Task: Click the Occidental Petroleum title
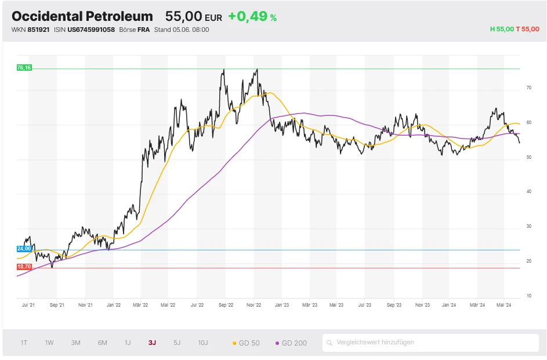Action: pyautogui.click(x=82, y=16)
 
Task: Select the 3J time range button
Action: pyautogui.click(x=152, y=343)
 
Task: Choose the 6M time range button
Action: pyautogui.click(x=103, y=343)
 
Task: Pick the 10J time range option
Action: pyautogui.click(x=203, y=343)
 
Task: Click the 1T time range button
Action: pyautogui.click(x=24, y=343)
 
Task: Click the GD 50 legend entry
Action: pyautogui.click(x=246, y=343)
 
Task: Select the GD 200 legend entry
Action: pyautogui.click(x=291, y=343)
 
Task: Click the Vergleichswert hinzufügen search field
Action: pyautogui.click(x=430, y=343)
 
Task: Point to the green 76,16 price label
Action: pyautogui.click(x=24, y=68)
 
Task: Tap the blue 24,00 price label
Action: pyautogui.click(x=24, y=249)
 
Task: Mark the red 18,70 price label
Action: pyautogui.click(x=24, y=267)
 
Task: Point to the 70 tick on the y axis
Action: pyautogui.click(x=528, y=88)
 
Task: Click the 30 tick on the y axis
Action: pyautogui.click(x=528, y=227)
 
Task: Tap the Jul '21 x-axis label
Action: pyautogui.click(x=29, y=304)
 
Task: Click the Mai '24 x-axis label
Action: pyautogui.click(x=503, y=304)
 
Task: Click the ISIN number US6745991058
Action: pyautogui.click(x=91, y=30)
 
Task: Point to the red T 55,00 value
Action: pyautogui.click(x=527, y=29)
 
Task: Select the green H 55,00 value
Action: pyautogui.click(x=502, y=29)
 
